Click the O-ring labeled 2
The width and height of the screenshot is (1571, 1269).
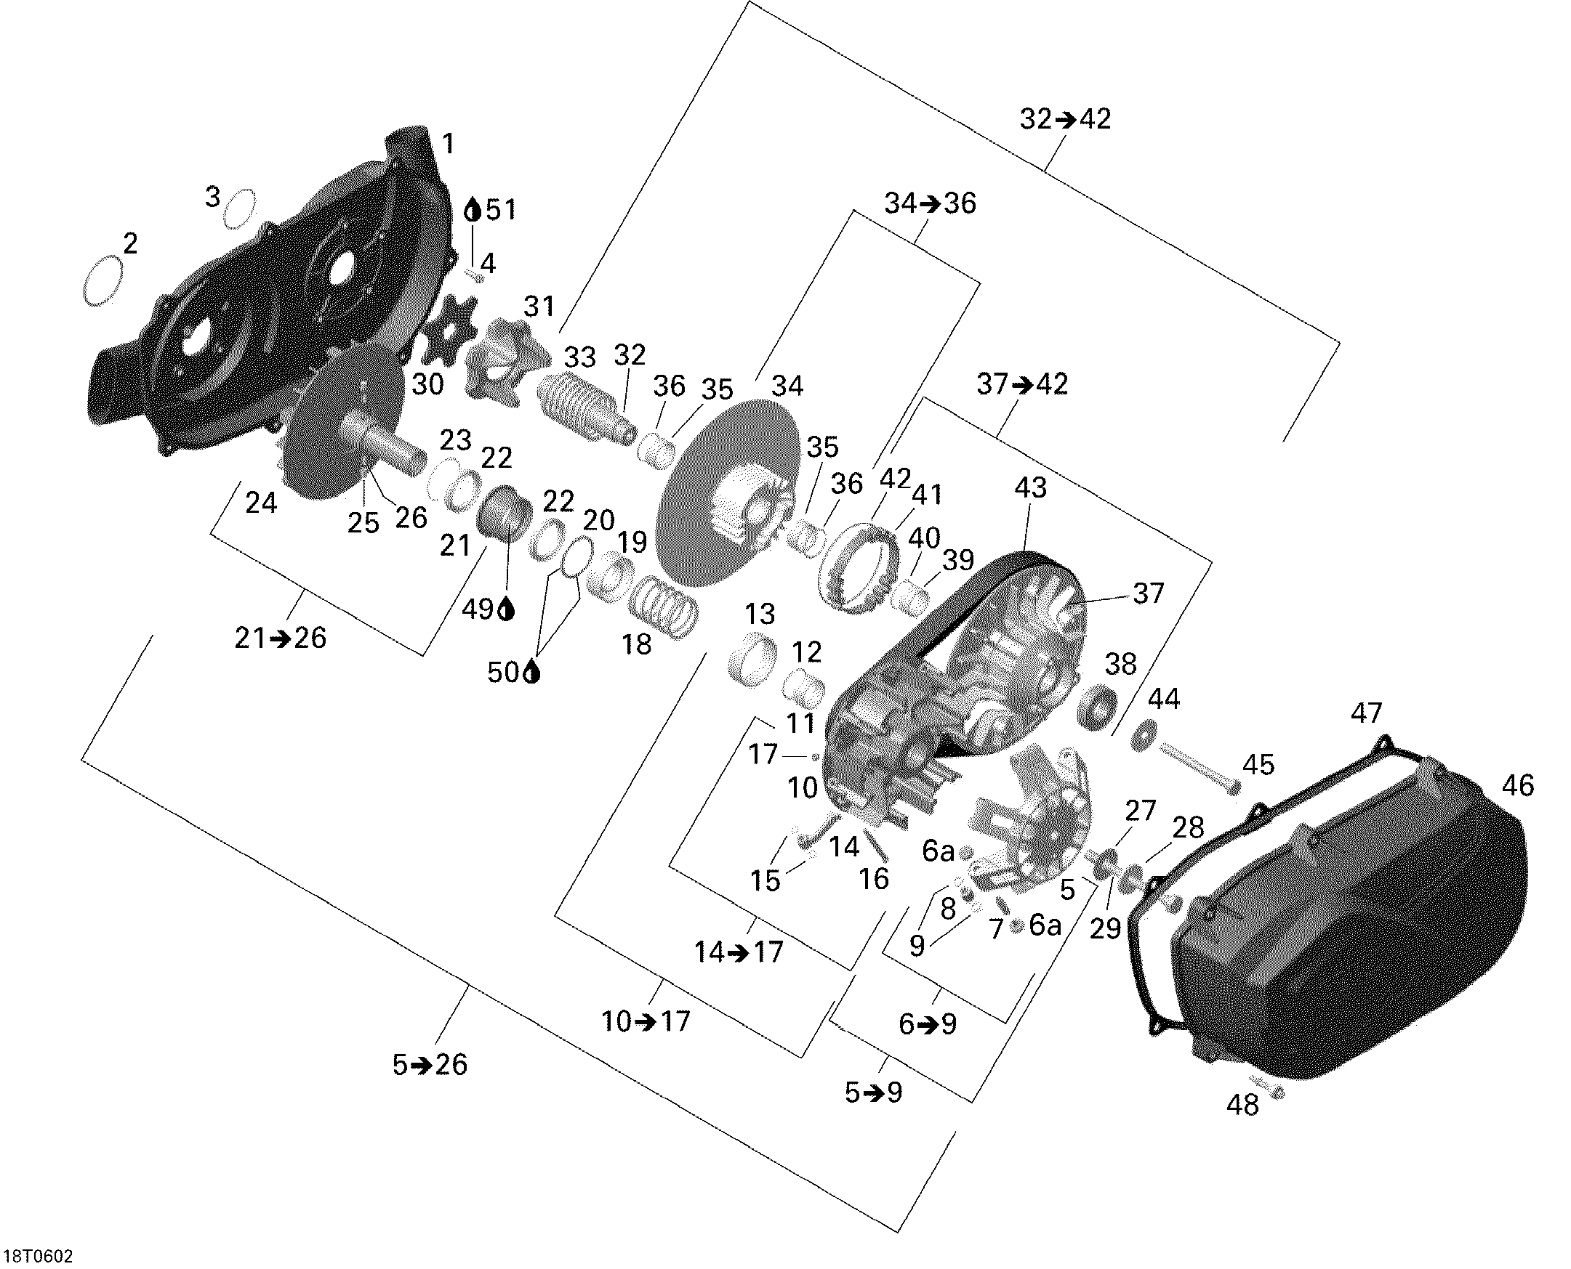click(104, 281)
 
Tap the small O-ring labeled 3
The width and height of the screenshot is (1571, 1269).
click(240, 208)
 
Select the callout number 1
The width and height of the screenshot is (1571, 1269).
click(448, 143)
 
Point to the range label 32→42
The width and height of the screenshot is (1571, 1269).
click(1066, 119)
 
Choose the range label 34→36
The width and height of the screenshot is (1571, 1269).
click(931, 203)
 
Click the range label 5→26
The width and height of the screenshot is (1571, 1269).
click(430, 1065)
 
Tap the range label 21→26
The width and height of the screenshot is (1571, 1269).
click(280, 638)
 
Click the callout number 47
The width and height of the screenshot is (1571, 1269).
click(1366, 713)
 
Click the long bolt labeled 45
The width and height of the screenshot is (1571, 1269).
click(1197, 769)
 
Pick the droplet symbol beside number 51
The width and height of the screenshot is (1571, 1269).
click(474, 211)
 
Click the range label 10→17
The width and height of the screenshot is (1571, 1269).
click(646, 1021)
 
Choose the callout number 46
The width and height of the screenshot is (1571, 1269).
click(1518, 785)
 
